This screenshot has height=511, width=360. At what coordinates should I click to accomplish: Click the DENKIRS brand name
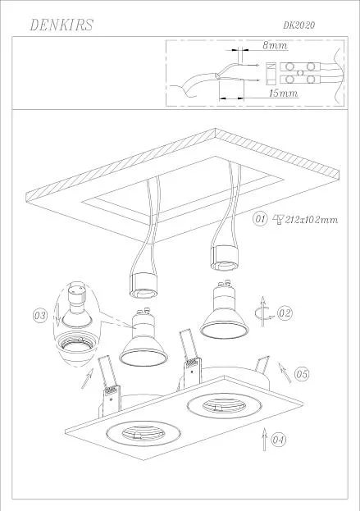62,25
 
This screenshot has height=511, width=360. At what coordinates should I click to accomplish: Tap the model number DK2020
298,25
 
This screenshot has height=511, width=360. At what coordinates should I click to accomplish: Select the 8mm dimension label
276,45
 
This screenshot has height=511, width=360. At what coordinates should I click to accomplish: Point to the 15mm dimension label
283,93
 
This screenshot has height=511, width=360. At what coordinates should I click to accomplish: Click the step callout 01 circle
260,219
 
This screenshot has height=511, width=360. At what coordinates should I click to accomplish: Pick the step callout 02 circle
285,313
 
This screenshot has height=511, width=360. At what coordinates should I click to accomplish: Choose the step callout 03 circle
40,316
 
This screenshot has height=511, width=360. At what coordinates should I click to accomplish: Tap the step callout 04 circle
278,440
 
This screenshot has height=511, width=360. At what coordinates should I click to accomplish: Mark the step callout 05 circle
302,374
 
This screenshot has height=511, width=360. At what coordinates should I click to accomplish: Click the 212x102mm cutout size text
311,220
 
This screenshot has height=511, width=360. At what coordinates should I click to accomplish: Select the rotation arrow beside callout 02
262,312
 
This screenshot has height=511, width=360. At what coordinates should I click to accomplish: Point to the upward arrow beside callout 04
264,440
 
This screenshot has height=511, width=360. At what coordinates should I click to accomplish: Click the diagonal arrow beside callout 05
285,372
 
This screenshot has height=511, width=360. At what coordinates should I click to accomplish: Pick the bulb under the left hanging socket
144,337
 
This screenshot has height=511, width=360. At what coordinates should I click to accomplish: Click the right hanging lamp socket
224,258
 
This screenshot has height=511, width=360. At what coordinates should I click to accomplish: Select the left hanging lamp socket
144,285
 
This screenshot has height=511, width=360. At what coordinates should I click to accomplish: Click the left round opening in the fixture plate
143,434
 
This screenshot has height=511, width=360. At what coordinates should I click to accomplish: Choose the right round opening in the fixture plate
224,406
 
